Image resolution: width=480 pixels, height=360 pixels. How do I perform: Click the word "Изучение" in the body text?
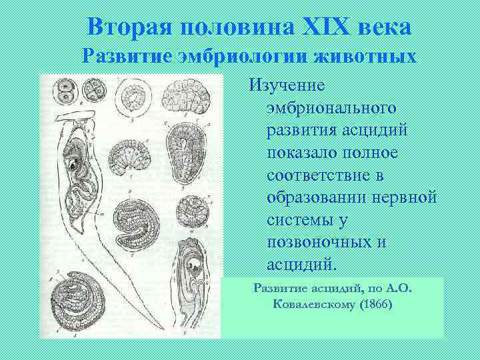(287, 85)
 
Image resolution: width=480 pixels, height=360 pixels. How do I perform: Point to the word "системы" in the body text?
(299, 220)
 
